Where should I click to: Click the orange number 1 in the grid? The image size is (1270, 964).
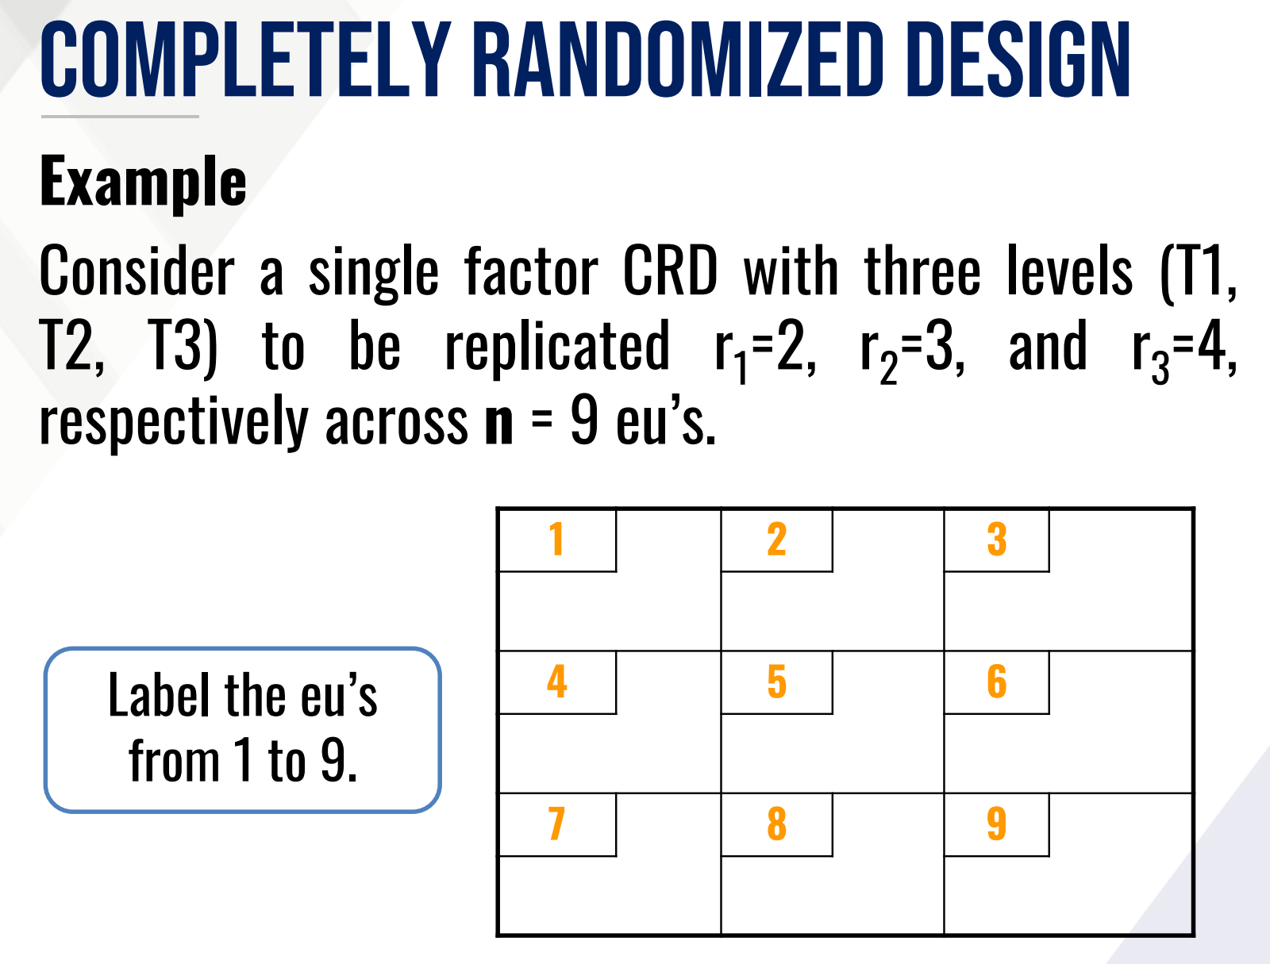pos(556,540)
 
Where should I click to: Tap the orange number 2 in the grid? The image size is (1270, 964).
pos(776,540)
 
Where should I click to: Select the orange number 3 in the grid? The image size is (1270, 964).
pos(996,540)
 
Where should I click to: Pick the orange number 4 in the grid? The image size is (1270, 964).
pos(556,682)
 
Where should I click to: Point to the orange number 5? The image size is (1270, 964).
pos(776,682)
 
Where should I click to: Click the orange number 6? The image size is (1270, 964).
pos(996,682)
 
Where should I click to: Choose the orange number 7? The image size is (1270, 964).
pos(556,824)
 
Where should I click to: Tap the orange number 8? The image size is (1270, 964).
pos(776,824)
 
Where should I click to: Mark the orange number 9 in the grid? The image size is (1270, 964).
pos(996,824)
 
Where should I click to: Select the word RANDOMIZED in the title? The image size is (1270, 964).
pos(679,60)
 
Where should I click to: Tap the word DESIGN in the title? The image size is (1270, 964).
pos(1018,60)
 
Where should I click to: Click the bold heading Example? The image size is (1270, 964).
pos(143,182)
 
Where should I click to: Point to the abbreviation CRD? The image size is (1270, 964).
pos(670,271)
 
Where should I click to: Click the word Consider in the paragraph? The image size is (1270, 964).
pos(137,271)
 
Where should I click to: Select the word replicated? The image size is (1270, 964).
pos(557,347)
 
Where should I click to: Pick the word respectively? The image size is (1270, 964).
pos(173,422)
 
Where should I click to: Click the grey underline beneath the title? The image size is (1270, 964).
pos(120,117)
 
